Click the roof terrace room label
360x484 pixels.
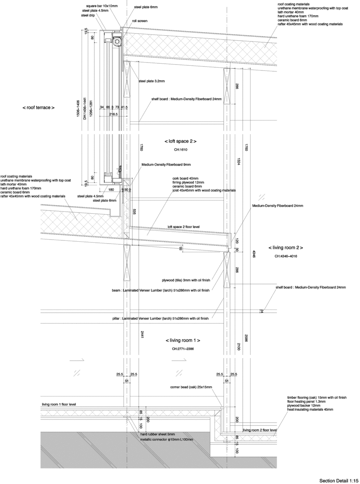[38, 108]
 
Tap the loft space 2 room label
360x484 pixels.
[181, 141]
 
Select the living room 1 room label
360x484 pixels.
[183, 340]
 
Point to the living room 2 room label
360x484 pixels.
[286, 247]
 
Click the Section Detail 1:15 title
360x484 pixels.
[339, 481]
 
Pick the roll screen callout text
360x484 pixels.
[140, 21]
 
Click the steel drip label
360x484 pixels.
[88, 15]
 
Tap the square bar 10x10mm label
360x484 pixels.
[102, 6]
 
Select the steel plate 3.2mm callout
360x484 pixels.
[152, 81]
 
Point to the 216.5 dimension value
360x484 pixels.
[113, 114]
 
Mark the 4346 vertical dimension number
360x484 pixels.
[254, 254]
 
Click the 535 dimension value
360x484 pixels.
[134, 212]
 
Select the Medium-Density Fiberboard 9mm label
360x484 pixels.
[166, 165]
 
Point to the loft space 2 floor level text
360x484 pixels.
[184, 227]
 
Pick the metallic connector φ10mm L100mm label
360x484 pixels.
[167, 439]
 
